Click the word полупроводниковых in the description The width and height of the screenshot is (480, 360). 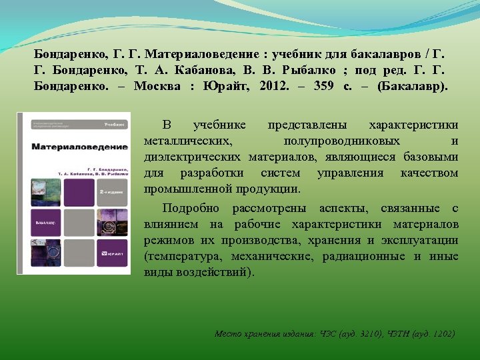tap(341, 141)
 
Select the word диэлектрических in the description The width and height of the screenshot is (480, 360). tap(193, 157)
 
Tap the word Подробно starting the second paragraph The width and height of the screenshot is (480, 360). tap(192, 208)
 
